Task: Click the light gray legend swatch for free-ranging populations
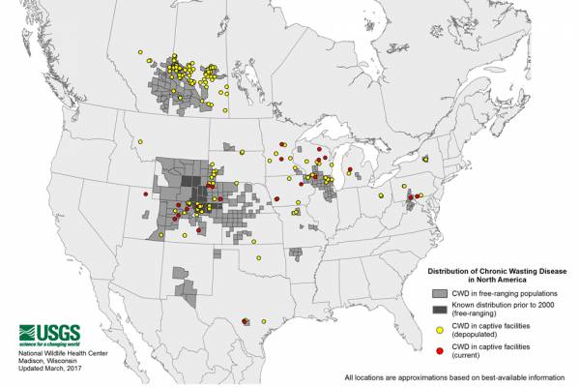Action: [439, 292]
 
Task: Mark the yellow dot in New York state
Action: [425, 158]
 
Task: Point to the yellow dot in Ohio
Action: [383, 195]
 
